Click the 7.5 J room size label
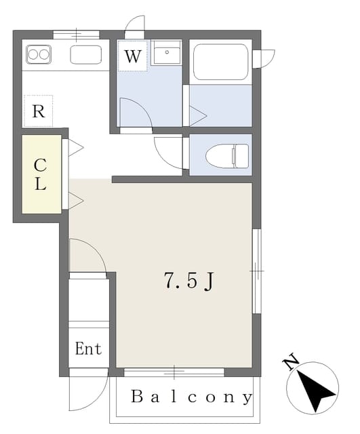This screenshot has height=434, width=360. click(x=189, y=281)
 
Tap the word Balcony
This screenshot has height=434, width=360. click(x=191, y=397)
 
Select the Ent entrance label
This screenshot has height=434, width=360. click(x=88, y=349)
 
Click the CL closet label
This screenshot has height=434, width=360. click(x=40, y=174)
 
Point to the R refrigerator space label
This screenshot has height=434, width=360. click(x=39, y=111)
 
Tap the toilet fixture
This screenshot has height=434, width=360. click(x=227, y=155)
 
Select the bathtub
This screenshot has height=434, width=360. click(x=220, y=62)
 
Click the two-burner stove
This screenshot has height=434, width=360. click(x=39, y=54)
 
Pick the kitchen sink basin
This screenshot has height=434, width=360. click(x=86, y=54)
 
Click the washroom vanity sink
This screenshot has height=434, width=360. click(x=167, y=52)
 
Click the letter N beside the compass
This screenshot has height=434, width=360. click(x=290, y=361)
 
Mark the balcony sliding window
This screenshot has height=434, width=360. click(x=174, y=372)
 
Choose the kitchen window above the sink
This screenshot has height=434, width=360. click(x=76, y=35)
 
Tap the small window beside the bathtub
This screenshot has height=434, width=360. click(x=264, y=59)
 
